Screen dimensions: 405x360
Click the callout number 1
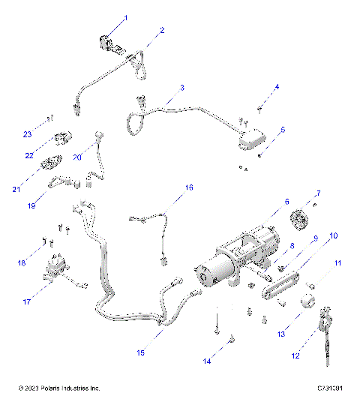point(125,17)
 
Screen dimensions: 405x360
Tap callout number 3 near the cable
point(182,88)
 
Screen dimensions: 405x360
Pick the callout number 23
point(27,134)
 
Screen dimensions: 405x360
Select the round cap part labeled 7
point(300,222)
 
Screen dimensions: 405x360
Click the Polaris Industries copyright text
point(58,388)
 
